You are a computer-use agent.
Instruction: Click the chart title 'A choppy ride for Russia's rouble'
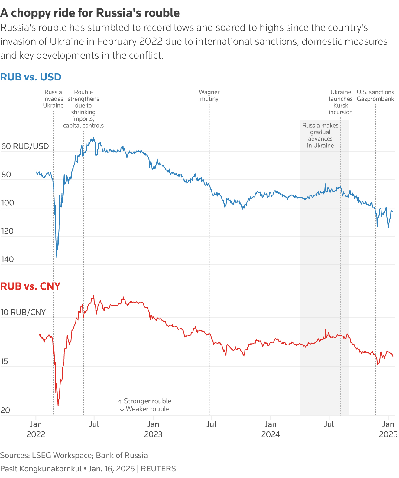[90, 13]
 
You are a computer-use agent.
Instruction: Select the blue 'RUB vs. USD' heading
[31, 77]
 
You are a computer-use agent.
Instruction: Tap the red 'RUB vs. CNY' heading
[30, 286]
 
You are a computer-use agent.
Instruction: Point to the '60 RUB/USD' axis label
[25, 146]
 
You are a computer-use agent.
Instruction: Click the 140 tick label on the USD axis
[8, 259]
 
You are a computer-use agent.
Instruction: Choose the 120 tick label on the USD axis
[8, 231]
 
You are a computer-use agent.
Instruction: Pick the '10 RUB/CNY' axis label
[23, 312]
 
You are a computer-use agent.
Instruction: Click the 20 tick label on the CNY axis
[5, 410]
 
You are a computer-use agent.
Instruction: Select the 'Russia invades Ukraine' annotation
[53, 99]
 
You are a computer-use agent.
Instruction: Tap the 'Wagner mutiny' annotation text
[209, 96]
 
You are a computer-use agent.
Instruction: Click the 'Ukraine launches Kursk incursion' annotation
[341, 102]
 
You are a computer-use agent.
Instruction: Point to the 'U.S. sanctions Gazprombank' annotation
[375, 96]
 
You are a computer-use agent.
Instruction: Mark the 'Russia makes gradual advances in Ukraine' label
[320, 135]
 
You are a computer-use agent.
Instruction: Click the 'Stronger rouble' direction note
[145, 401]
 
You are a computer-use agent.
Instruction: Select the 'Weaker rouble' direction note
[145, 409]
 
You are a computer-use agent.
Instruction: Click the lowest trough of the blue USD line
[57, 258]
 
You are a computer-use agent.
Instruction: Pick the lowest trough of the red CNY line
[58, 406]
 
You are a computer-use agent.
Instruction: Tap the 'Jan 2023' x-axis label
[153, 429]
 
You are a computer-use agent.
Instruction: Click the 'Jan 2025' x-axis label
[388, 429]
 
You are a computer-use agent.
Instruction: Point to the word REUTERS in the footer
[158, 469]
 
